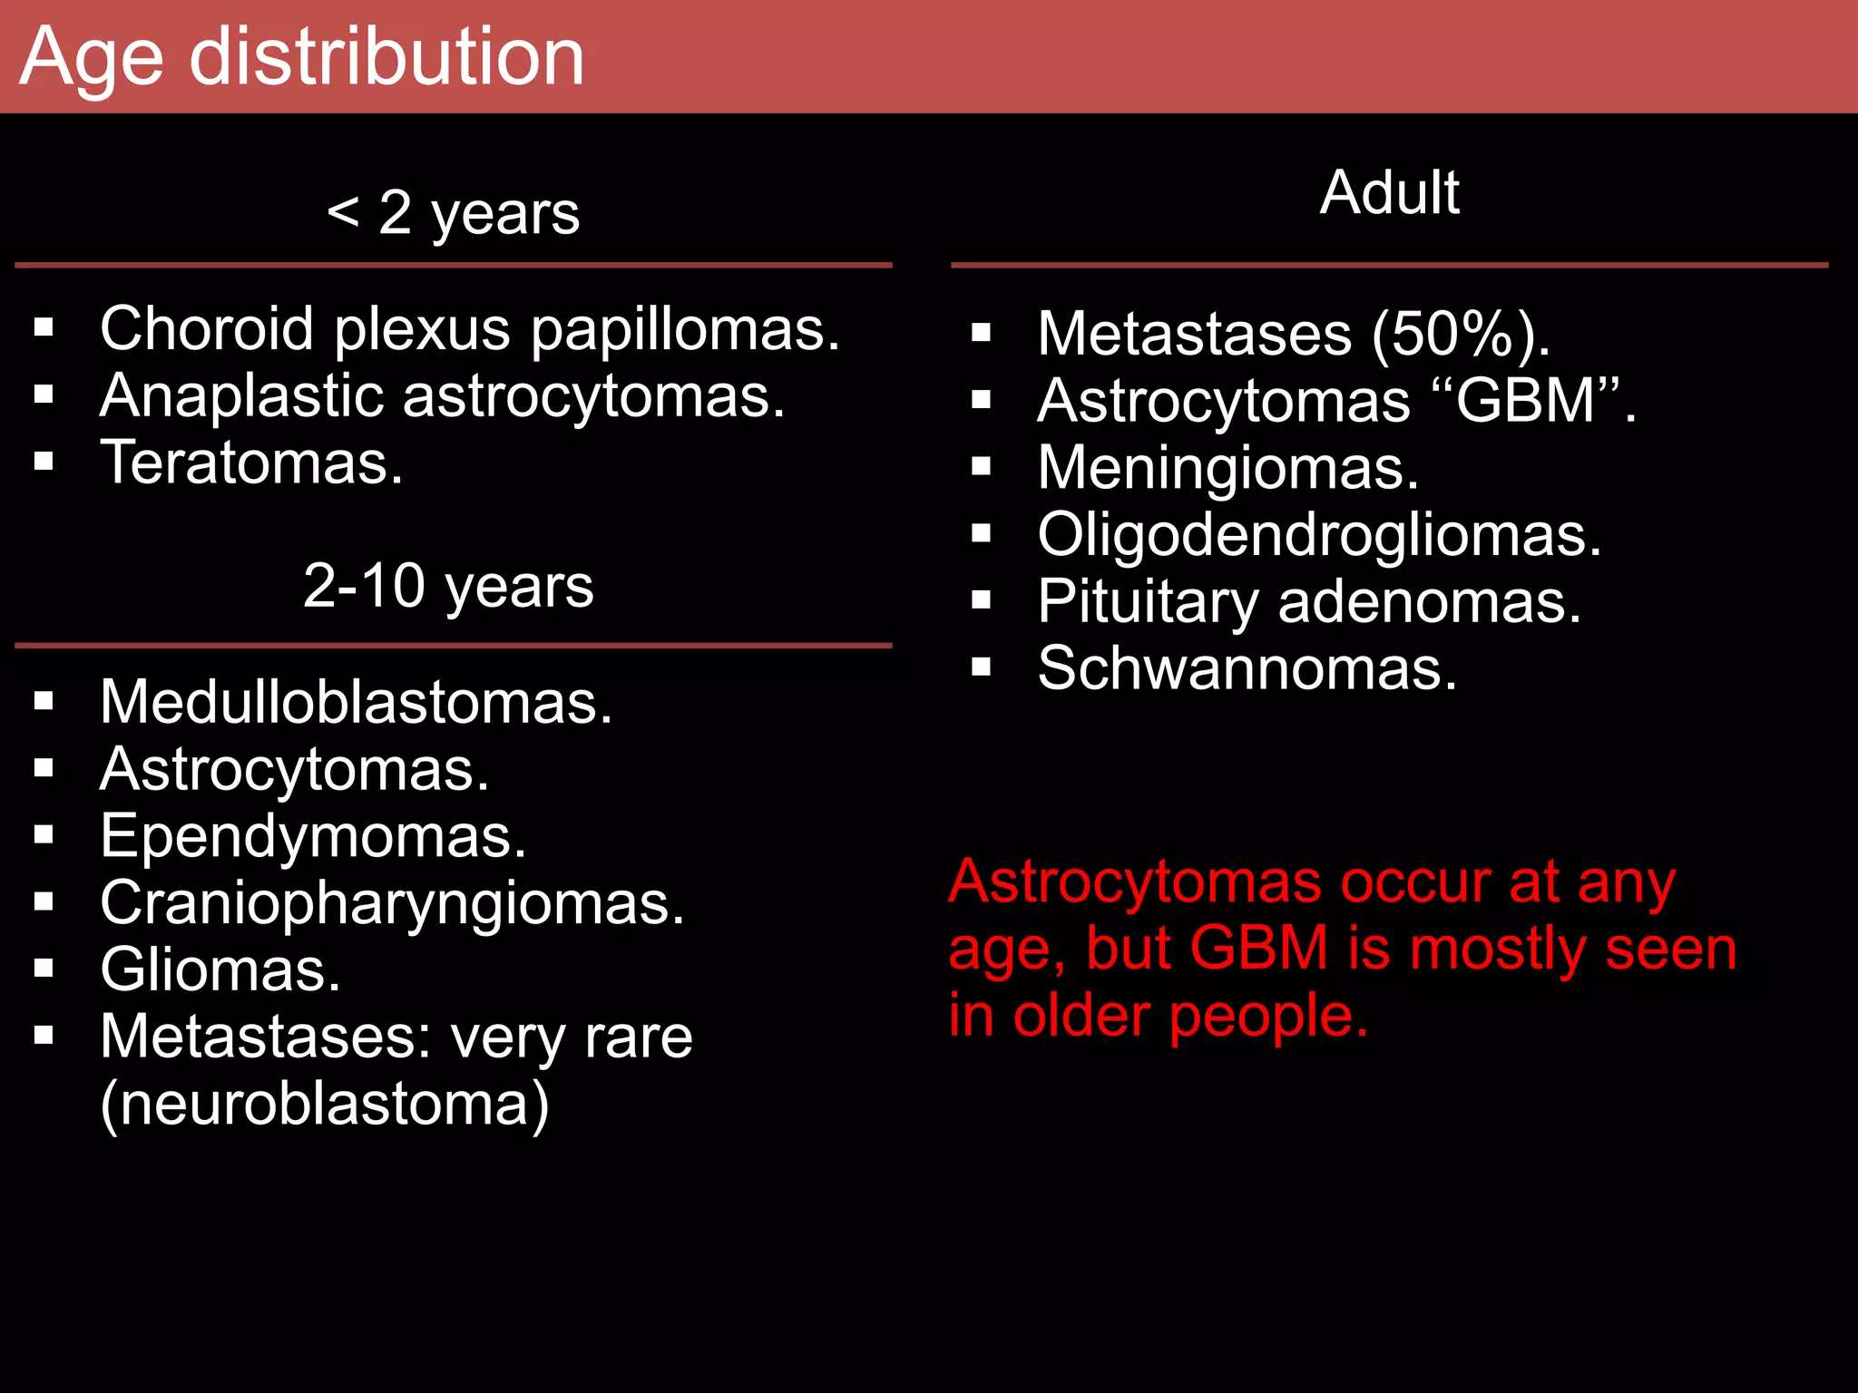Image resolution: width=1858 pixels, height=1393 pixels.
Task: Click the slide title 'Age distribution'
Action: (301, 58)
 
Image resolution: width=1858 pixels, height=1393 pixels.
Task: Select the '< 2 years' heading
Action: (453, 214)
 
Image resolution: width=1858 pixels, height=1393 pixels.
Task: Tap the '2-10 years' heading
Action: (448, 586)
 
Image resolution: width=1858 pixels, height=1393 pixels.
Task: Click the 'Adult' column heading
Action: (1389, 193)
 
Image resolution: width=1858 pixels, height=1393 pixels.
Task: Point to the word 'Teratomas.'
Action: (251, 463)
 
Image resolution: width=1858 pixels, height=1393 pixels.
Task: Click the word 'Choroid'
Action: (206, 328)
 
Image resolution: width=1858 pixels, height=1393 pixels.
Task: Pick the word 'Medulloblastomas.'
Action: (356, 703)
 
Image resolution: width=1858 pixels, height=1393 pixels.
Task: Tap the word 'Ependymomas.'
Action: (313, 836)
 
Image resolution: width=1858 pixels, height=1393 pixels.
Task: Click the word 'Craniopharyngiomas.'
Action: (392, 903)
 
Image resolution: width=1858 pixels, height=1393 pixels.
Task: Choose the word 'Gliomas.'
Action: (220, 970)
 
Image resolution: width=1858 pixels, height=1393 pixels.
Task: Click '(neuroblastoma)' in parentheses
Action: (325, 1105)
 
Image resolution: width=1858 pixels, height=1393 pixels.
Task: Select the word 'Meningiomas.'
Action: (1227, 469)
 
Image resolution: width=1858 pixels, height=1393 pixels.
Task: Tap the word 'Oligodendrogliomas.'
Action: (1319, 535)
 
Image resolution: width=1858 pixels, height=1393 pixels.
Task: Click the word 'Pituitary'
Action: (1148, 603)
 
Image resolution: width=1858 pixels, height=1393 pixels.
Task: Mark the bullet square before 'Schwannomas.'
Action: (981, 668)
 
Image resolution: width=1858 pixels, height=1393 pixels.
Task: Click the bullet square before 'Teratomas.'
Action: (44, 462)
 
